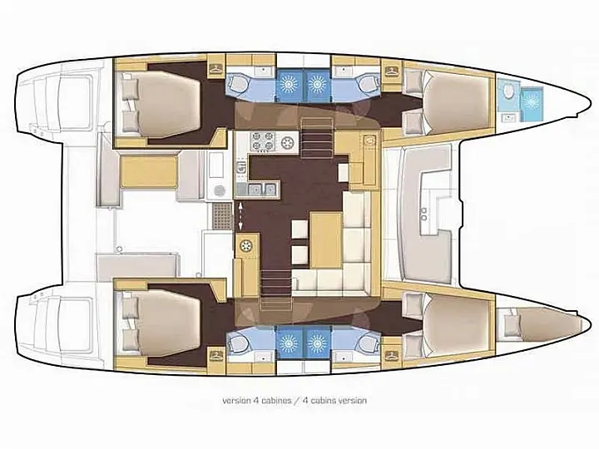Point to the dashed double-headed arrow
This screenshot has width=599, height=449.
tap(241, 215)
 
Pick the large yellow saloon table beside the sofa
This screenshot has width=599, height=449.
tap(327, 237)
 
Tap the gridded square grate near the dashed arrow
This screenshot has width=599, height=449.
tap(220, 217)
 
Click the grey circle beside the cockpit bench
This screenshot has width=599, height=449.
tap(220, 190)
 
